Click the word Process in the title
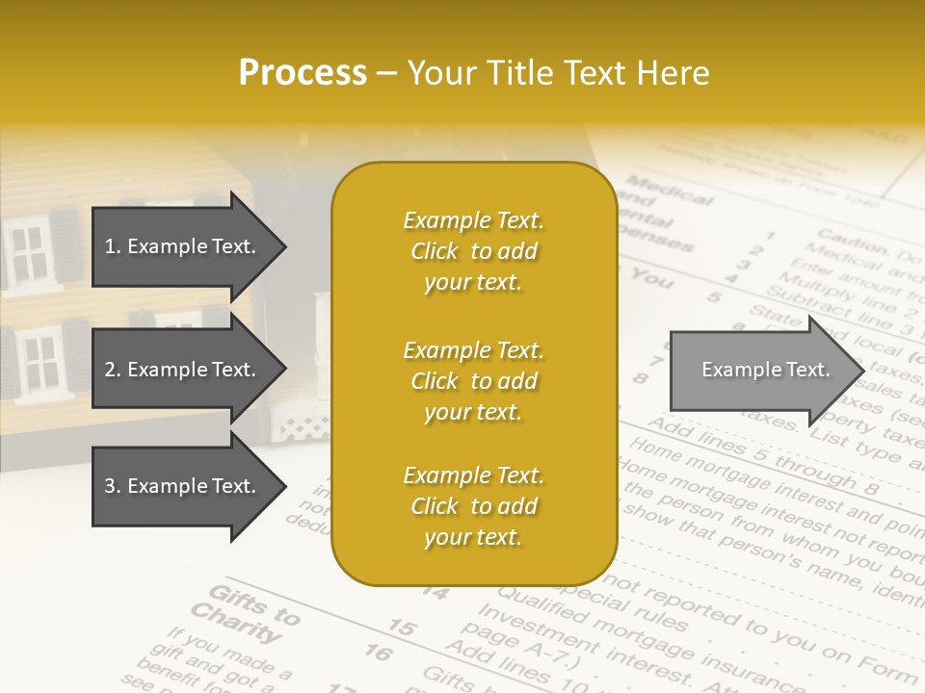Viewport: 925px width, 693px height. click(x=303, y=73)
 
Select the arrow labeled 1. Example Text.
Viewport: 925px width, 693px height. click(x=183, y=246)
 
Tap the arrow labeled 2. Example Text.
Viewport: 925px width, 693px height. click(x=183, y=370)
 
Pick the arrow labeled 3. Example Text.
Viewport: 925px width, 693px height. click(x=183, y=486)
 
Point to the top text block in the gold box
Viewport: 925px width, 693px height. click(x=473, y=251)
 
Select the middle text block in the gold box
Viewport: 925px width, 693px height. click(x=473, y=381)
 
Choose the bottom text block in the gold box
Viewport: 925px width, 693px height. click(x=473, y=506)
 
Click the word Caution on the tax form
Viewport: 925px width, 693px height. click(x=852, y=242)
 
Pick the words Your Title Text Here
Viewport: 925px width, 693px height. click(x=558, y=73)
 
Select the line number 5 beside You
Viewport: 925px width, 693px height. click(x=713, y=296)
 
